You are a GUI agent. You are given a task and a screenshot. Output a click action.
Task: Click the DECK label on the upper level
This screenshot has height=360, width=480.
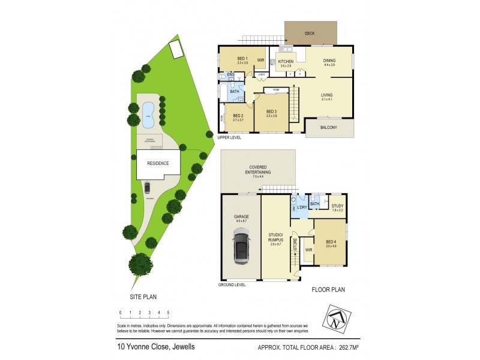pos(310,34)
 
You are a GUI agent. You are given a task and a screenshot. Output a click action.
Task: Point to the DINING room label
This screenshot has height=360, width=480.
pos(329,61)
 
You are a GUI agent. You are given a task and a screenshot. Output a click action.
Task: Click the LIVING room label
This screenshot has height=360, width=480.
pos(326,95)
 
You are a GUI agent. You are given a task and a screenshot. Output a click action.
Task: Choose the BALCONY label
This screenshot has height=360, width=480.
pos(329,127)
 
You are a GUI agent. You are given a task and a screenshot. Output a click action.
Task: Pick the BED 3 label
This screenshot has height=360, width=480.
pos(271,112)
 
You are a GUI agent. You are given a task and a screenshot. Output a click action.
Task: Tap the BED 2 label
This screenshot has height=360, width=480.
pos(238,115)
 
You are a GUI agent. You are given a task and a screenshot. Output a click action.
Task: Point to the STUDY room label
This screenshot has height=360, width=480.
pos(337,206)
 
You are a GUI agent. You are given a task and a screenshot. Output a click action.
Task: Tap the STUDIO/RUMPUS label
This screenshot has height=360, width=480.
pos(276,238)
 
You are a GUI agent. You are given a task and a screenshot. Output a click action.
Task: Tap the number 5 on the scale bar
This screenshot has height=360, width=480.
pos(168,313)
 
